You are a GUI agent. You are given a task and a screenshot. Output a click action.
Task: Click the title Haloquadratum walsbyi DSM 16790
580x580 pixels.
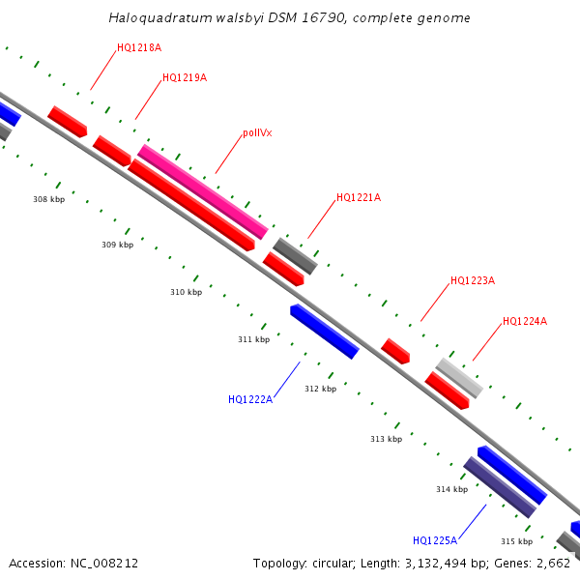click(x=290, y=17)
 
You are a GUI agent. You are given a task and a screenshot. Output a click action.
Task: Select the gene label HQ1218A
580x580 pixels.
click(x=139, y=47)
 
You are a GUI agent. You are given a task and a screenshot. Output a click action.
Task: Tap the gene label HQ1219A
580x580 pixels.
click(x=185, y=77)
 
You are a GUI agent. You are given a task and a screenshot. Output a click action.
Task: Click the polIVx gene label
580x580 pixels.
click(x=257, y=133)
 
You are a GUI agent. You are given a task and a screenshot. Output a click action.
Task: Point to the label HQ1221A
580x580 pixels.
click(x=359, y=198)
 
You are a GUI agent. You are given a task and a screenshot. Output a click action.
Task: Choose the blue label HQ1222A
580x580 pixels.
click(x=250, y=399)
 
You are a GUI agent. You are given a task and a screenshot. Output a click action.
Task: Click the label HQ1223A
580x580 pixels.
click(x=473, y=281)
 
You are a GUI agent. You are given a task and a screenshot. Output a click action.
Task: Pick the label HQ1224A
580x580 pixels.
click(x=525, y=322)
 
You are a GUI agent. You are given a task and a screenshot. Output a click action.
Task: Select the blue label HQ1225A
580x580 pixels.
click(x=435, y=540)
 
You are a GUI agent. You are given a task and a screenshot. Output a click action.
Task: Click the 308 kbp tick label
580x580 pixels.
click(x=48, y=200)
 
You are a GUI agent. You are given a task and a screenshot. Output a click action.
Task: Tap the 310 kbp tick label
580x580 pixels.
click(x=186, y=292)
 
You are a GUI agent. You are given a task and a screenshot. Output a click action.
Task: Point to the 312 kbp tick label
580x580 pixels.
click(x=320, y=389)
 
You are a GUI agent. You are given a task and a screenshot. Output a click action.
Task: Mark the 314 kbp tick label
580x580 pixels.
click(x=451, y=489)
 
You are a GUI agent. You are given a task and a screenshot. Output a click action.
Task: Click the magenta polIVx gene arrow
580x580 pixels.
click(x=202, y=191)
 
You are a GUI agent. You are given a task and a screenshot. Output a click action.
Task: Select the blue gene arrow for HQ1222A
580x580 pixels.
click(x=325, y=332)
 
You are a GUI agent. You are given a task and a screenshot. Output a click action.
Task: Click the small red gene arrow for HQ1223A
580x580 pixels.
click(x=396, y=351)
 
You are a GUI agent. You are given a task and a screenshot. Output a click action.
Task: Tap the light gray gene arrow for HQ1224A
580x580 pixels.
click(x=459, y=378)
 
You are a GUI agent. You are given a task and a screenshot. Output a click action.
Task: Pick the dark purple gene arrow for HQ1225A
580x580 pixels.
click(x=500, y=487)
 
